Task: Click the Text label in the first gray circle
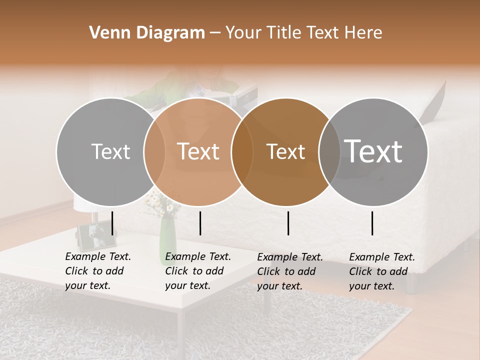click(110, 151)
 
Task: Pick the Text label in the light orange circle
click(198, 151)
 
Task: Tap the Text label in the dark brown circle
click(285, 151)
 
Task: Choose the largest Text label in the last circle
click(373, 151)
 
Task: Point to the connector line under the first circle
click(112, 223)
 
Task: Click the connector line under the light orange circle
click(200, 223)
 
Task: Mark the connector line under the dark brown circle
click(288, 223)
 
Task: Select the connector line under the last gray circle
click(372, 223)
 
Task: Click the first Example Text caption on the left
click(98, 271)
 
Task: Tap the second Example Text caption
click(198, 271)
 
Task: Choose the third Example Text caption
click(290, 271)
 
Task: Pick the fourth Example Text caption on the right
click(382, 271)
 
